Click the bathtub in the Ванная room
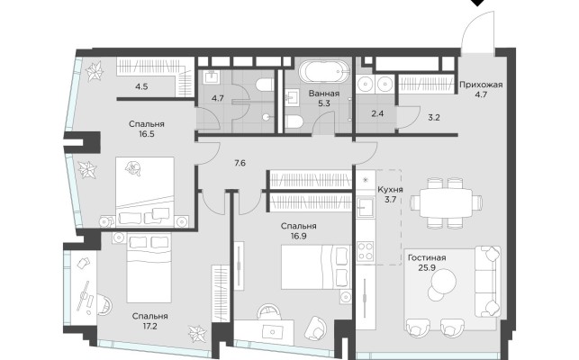tap(324, 72)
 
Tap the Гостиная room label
tap(427, 257)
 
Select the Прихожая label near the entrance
tap(481, 85)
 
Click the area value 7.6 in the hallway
tap(240, 163)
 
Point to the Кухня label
tap(390, 190)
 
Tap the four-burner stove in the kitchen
tap(366, 251)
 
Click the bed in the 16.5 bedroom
tap(145, 192)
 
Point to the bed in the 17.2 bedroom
tap(149, 267)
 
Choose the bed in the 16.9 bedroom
tap(316, 267)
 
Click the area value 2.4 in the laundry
tap(377, 113)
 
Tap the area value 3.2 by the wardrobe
tap(433, 118)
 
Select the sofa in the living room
tap(487, 282)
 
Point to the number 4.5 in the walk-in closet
tap(141, 86)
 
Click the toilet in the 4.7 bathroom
tap(265, 85)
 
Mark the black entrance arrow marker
tap(479, 2)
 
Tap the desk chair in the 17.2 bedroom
tap(104, 304)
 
